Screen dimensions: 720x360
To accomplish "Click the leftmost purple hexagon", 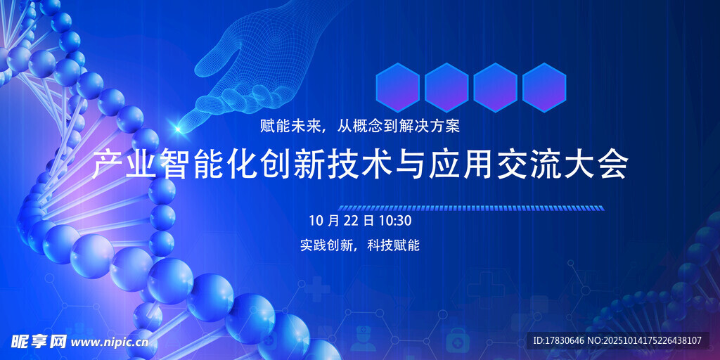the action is pos(398,88).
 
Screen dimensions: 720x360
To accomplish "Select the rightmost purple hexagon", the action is pos(544,88).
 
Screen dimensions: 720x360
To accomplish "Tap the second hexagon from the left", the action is pos(446,88).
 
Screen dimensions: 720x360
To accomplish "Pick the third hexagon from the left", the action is pos(496,88).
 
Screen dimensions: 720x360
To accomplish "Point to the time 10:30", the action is pos(395,221).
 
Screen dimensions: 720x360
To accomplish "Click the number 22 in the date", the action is pos(352,221).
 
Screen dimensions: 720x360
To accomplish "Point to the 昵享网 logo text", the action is pos(39,341).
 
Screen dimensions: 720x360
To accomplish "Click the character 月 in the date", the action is pos(334,221).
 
